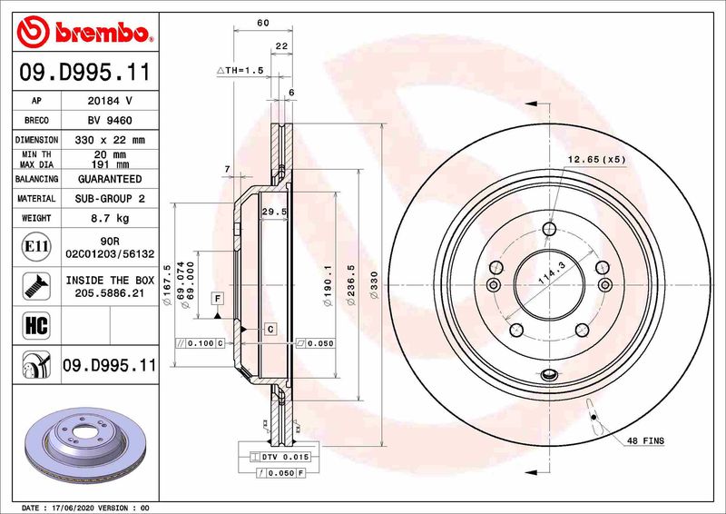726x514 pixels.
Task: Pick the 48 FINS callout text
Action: click(x=645, y=441)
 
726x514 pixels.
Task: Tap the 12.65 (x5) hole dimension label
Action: click(x=597, y=161)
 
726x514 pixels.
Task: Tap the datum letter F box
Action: click(x=218, y=298)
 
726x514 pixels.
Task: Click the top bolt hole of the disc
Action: click(x=547, y=229)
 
